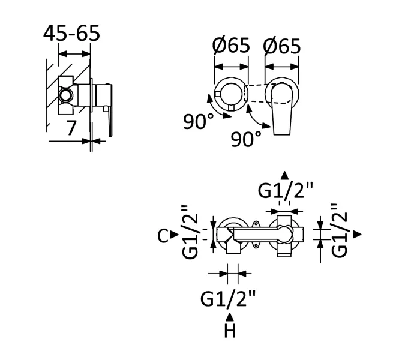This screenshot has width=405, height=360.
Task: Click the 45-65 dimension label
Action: point(71,33)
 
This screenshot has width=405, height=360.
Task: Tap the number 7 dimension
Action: point(71,128)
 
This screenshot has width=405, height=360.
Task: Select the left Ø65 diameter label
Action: point(231,45)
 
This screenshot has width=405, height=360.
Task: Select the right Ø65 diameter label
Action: point(282,46)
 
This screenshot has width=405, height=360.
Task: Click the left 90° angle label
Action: point(199,121)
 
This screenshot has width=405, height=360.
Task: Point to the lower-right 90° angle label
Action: point(246,139)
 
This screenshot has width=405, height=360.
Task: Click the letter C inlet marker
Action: point(163,236)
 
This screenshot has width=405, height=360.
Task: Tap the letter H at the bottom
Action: point(230,331)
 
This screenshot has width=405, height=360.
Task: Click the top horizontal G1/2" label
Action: point(285,191)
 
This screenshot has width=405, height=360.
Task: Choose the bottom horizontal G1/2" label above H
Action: point(228,299)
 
